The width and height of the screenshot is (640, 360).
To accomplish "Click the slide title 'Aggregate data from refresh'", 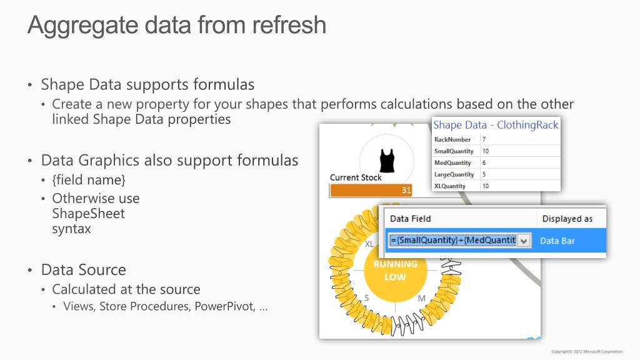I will (177, 25).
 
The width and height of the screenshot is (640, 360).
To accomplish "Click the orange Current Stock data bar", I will (371, 190).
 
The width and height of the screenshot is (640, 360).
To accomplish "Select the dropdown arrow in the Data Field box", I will (524, 241).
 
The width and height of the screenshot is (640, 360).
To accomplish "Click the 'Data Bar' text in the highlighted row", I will (557, 241).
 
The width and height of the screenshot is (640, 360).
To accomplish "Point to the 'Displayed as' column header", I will (567, 219).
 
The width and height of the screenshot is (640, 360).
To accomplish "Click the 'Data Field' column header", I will (410, 219).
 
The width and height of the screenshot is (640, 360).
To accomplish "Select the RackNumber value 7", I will (485, 139).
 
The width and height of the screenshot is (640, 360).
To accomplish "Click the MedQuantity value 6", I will (485, 162).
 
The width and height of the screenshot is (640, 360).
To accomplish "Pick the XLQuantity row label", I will (450, 186).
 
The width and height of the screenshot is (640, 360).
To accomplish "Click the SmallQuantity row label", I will (454, 151).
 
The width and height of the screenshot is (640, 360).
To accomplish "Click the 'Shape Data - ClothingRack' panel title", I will (496, 125).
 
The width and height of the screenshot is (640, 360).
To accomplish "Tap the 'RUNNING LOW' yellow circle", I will (394, 271).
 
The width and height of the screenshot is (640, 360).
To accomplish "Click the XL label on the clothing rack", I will (369, 244).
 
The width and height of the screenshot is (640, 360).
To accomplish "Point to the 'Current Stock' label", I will (356, 177).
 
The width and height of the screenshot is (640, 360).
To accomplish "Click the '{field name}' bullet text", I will (89, 180).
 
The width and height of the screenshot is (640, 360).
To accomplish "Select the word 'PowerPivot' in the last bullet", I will (224, 306).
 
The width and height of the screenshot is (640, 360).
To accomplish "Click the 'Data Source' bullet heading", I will (83, 269).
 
